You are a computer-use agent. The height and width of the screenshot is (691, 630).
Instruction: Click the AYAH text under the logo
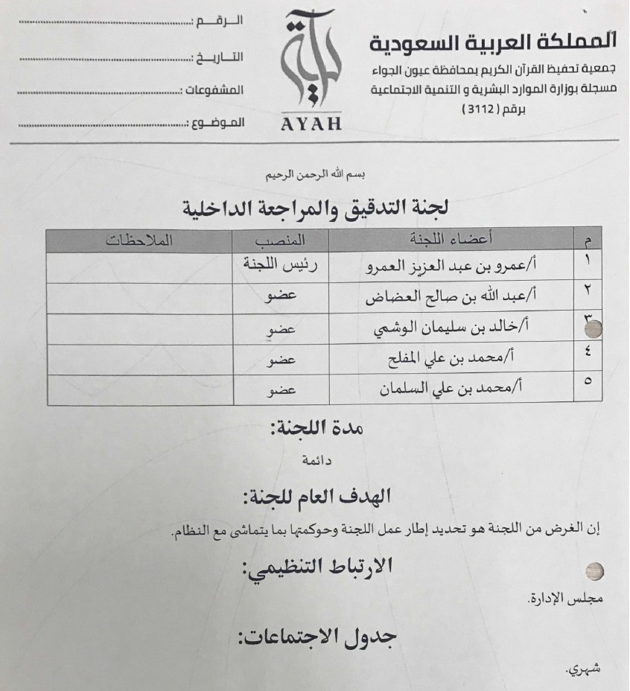[x=311, y=124]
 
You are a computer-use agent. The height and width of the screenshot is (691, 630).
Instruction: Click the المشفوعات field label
[x=213, y=90]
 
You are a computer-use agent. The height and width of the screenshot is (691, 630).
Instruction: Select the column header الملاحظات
[x=139, y=241]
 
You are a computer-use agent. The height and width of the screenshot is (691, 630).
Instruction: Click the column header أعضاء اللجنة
[x=442, y=240]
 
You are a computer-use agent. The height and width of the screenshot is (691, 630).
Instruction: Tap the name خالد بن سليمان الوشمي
[x=445, y=328]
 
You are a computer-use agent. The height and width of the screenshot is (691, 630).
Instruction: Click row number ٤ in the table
[x=588, y=357]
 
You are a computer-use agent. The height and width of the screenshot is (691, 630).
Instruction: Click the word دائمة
[x=316, y=461]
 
